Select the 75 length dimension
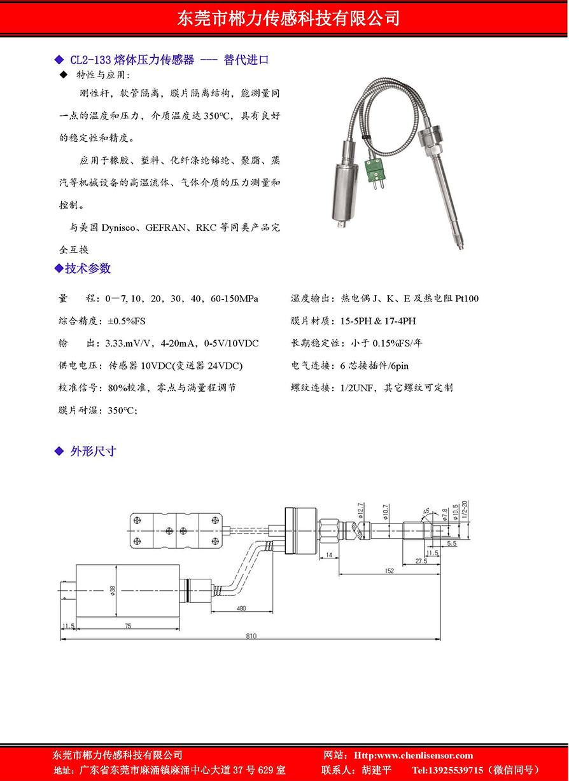pyautogui.click(x=128, y=626)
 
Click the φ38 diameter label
pyautogui.click(x=113, y=590)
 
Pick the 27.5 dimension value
pyautogui.click(x=421, y=560)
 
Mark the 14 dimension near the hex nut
pyautogui.click(x=328, y=555)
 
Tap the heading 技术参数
pyautogui.click(x=88, y=268)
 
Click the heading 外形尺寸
pyautogui.click(x=93, y=452)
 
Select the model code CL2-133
pyautogui.click(x=91, y=60)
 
